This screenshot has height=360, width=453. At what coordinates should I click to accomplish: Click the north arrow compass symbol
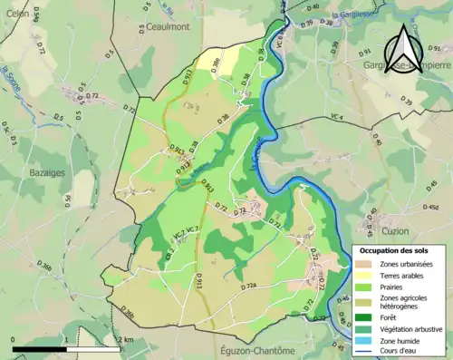point(406,44)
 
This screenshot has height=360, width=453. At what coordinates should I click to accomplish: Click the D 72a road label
point(249,287)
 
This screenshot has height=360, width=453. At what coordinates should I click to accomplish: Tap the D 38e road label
point(214,63)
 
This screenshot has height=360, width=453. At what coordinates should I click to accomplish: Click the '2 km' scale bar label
point(126,339)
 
